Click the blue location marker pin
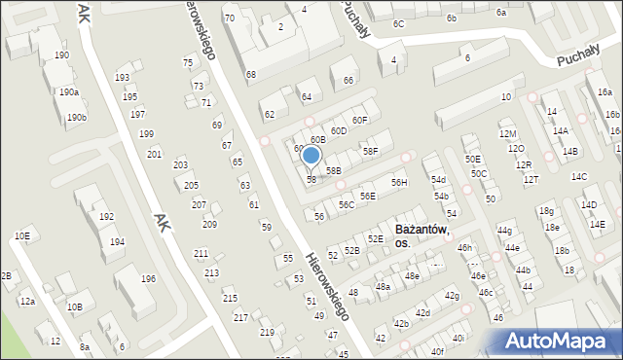tap(311, 156)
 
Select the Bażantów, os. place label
tap(421, 235)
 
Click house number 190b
tap(76, 118)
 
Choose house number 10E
tap(21, 236)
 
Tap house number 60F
tap(360, 120)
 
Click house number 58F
tap(371, 151)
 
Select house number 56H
tap(399, 183)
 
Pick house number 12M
tap(507, 134)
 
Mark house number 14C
tap(579, 176)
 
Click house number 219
tap(266, 333)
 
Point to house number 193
tap(123, 77)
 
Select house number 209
tap(209, 225)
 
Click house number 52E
tap(375, 238)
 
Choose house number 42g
tap(452, 295)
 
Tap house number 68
tap(250, 75)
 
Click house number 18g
tap(547, 210)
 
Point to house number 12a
tap(27, 302)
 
